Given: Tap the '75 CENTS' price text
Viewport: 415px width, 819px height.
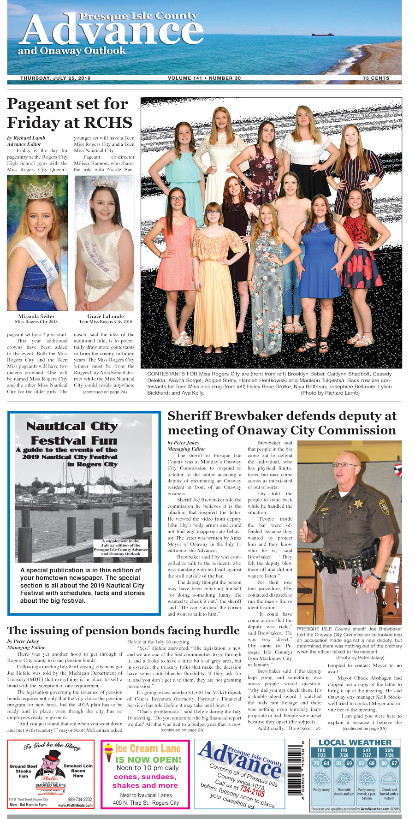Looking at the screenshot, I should [x=376, y=78].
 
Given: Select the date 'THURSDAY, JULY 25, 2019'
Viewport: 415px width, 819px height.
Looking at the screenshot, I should [x=55, y=78].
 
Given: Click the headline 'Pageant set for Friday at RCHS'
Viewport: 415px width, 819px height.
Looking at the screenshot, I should [x=70, y=113].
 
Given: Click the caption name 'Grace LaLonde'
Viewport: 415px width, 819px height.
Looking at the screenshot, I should [x=106, y=316].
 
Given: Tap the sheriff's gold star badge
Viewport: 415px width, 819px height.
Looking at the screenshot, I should [x=358, y=504].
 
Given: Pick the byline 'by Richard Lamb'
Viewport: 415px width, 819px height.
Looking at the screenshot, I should [x=26, y=138].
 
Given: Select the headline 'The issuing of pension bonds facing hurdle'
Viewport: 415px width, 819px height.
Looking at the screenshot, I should [x=123, y=630].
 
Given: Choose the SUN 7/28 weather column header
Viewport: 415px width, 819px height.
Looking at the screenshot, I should [x=389, y=753].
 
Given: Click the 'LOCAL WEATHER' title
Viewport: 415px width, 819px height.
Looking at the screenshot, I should [x=355, y=742].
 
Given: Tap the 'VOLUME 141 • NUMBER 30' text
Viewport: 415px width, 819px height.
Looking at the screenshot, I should [x=204, y=78].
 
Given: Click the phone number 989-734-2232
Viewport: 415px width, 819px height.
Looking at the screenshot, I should [x=80, y=800].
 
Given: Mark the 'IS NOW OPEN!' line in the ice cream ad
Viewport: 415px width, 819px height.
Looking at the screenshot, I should [x=148, y=760].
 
